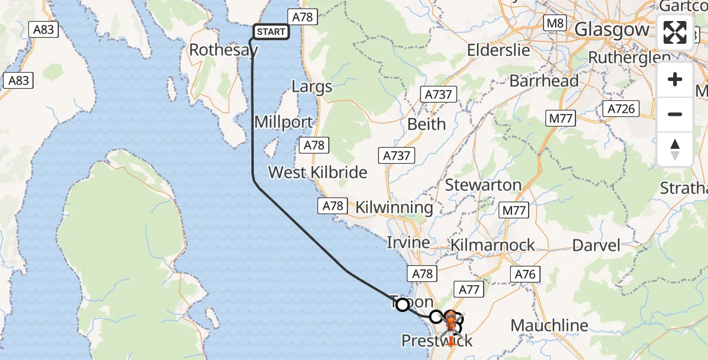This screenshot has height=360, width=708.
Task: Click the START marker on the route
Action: pyautogui.click(x=271, y=32)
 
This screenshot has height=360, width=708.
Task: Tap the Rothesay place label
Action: pyautogui.click(x=223, y=50)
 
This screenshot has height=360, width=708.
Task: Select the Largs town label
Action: pyautogui.click(x=311, y=86)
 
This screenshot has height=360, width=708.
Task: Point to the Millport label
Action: pyautogui.click(x=283, y=122)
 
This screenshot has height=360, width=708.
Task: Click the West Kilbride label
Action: pyautogui.click(x=317, y=172)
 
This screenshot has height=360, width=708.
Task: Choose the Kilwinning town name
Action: pyautogui.click(x=394, y=208)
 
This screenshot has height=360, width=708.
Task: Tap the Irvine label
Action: pyautogui.click(x=408, y=243)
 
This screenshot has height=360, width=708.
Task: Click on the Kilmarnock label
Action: pyautogui.click(x=492, y=245)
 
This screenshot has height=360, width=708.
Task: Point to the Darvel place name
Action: pyautogui.click(x=596, y=245)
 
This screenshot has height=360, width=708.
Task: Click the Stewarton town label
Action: pyautogui.click(x=483, y=185)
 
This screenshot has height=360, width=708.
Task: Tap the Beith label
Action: pyautogui.click(x=427, y=124)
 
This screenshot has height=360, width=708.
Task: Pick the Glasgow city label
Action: pyautogui.click(x=611, y=29)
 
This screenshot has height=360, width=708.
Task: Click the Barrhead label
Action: pyautogui.click(x=544, y=81)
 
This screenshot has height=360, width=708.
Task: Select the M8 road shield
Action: pyautogui.click(x=554, y=24)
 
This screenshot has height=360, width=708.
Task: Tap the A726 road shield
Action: pyautogui.click(x=620, y=109)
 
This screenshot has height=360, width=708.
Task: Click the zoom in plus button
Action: pyautogui.click(x=675, y=79)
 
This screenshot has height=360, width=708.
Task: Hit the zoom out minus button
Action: pyautogui.click(x=675, y=114)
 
